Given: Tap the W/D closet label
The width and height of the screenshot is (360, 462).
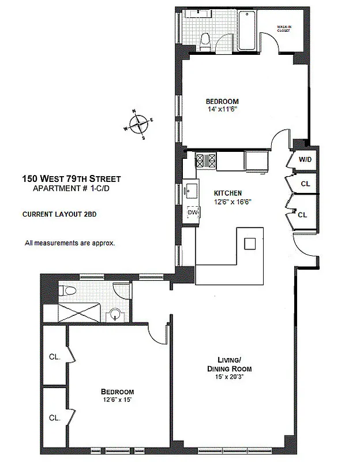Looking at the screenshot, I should (304, 159).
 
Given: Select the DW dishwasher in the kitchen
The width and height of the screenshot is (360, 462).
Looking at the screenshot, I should (193, 213).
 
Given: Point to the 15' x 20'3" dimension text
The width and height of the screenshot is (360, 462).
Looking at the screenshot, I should (229, 378).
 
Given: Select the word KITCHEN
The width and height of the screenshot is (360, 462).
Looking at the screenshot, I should (227, 193).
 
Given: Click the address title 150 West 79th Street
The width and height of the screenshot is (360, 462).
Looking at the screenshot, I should (71, 179).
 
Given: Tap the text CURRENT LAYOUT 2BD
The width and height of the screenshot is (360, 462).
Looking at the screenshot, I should (59, 214).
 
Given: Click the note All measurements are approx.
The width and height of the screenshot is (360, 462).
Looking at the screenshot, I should (69, 243).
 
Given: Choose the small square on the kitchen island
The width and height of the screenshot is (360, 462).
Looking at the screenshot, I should (249, 243).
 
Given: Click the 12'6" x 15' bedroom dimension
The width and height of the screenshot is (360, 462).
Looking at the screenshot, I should (117, 399).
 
